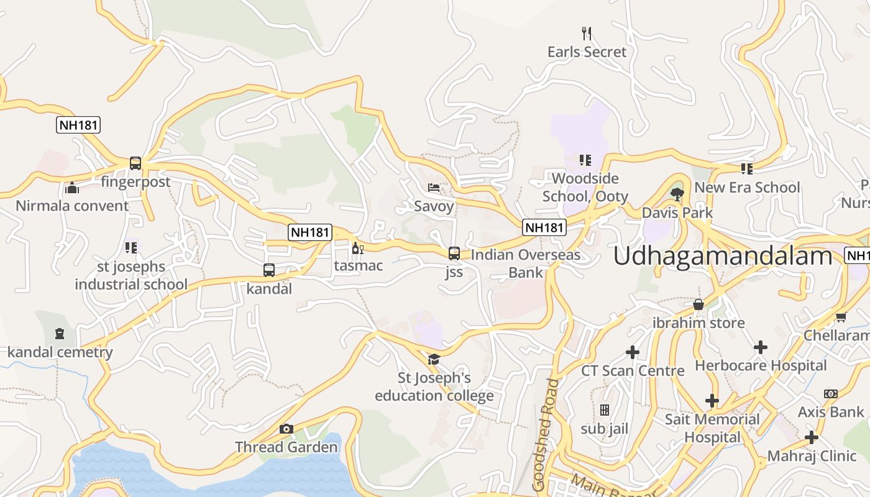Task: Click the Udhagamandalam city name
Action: coord(723,256)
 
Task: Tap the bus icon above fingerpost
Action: coord(135,163)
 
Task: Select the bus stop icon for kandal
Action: coord(269,270)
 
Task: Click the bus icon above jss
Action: coord(454,253)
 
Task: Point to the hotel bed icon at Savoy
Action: coord(434,188)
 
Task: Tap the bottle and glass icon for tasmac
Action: coord(357,248)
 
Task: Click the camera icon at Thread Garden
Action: coord(286,429)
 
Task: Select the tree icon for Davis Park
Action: coord(677,194)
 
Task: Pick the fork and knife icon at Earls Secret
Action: coord(587,33)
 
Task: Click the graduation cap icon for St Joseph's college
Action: coord(434,359)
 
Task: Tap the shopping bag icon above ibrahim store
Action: coord(698,304)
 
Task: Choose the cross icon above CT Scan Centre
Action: coord(633,352)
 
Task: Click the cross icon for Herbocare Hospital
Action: coord(761,347)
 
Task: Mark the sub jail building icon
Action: coord(604,410)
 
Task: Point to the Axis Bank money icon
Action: coord(831,394)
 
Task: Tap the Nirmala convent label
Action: coord(72,206)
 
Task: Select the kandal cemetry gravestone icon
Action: coord(60,334)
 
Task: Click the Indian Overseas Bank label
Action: coord(525,263)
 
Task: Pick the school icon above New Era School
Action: coord(747,168)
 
